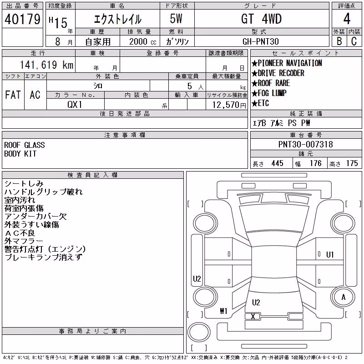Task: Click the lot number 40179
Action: pyautogui.click(x=22, y=19)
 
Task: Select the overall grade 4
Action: pyautogui.click(x=347, y=19)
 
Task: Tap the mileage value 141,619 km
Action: pyautogui.click(x=46, y=65)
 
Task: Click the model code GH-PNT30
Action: pyautogui.click(x=261, y=41)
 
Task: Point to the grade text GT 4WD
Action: pyautogui.click(x=261, y=19)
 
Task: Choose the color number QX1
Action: pyautogui.click(x=75, y=105)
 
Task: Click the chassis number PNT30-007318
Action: pyautogui.click(x=306, y=144)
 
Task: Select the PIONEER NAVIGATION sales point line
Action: pyautogui.click(x=287, y=63)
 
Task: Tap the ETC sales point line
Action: pyautogui.click(x=260, y=103)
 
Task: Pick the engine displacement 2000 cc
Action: pyautogui.click(x=143, y=41)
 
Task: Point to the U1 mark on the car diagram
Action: pyautogui.click(x=330, y=255)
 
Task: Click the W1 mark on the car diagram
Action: pyautogui.click(x=223, y=311)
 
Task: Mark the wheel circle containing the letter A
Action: pyautogui.click(x=343, y=297)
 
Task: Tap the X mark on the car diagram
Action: pyautogui.click(x=253, y=316)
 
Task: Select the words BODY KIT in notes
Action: pyautogui.click(x=20, y=154)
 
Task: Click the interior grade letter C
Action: pyautogui.click(x=354, y=41)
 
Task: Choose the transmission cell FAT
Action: pyautogui.click(x=13, y=95)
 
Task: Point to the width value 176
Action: pyautogui.click(x=316, y=163)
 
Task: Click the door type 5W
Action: pyautogui.click(x=176, y=19)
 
